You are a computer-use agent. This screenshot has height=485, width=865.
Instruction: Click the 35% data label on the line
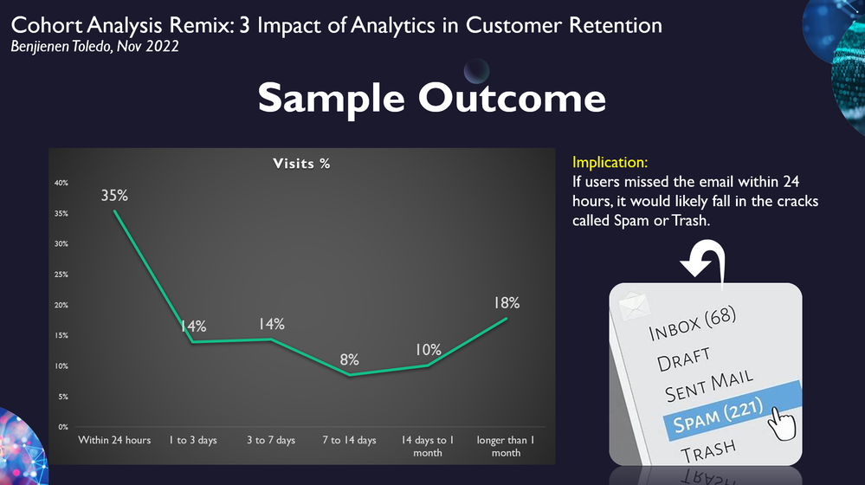tap(114, 195)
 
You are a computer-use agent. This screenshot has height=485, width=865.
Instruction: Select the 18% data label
tap(507, 302)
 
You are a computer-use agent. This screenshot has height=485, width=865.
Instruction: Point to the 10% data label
tap(428, 350)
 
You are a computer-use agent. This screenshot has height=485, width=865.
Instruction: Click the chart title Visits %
tap(301, 163)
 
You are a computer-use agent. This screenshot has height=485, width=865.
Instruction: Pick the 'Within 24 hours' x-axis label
tap(114, 440)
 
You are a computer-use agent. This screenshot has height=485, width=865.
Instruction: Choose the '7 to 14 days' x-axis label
tap(349, 440)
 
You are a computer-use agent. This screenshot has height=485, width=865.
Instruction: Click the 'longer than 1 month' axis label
tap(506, 446)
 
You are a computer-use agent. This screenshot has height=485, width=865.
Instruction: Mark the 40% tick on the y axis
tap(62, 183)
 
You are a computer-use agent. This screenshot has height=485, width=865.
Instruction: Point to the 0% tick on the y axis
tap(64, 427)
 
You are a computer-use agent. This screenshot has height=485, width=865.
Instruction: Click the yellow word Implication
tap(610, 162)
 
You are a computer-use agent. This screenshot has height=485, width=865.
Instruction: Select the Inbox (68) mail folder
tap(693, 324)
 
